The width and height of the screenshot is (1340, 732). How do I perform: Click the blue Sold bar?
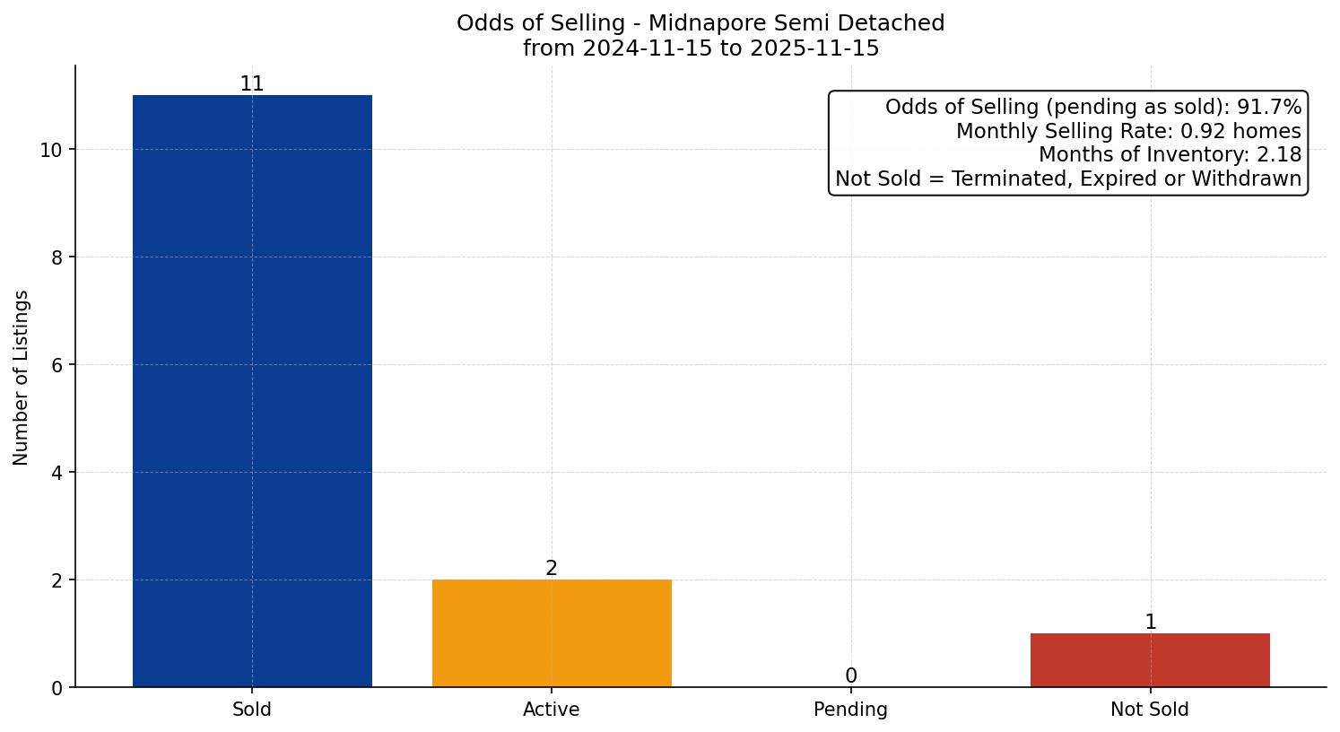pyautogui.click(x=252, y=391)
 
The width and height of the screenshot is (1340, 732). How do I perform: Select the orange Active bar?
pyautogui.click(x=552, y=633)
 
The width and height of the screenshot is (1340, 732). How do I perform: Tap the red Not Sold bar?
pyautogui.click(x=1150, y=660)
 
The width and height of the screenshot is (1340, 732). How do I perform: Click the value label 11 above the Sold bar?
pyautogui.click(x=252, y=84)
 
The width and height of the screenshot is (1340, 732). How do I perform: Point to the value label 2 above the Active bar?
pyautogui.click(x=552, y=569)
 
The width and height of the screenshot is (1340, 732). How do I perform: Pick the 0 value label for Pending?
pyautogui.click(x=850, y=676)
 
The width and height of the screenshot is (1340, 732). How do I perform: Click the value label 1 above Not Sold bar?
pyautogui.click(x=1150, y=623)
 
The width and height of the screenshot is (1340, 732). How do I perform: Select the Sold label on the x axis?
pyautogui.click(x=252, y=710)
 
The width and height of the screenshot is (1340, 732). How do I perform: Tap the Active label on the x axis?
pyautogui.click(x=552, y=710)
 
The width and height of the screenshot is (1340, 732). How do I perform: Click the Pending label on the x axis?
pyautogui.click(x=850, y=710)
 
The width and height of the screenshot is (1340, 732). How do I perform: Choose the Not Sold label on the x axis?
pyautogui.click(x=1150, y=710)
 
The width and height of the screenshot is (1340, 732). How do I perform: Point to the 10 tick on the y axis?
pyautogui.click(x=51, y=150)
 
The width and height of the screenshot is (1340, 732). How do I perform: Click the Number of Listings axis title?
pyautogui.click(x=22, y=377)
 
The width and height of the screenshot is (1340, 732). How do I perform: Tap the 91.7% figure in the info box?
pyautogui.click(x=1269, y=108)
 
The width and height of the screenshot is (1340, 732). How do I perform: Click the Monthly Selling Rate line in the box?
pyautogui.click(x=1128, y=131)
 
